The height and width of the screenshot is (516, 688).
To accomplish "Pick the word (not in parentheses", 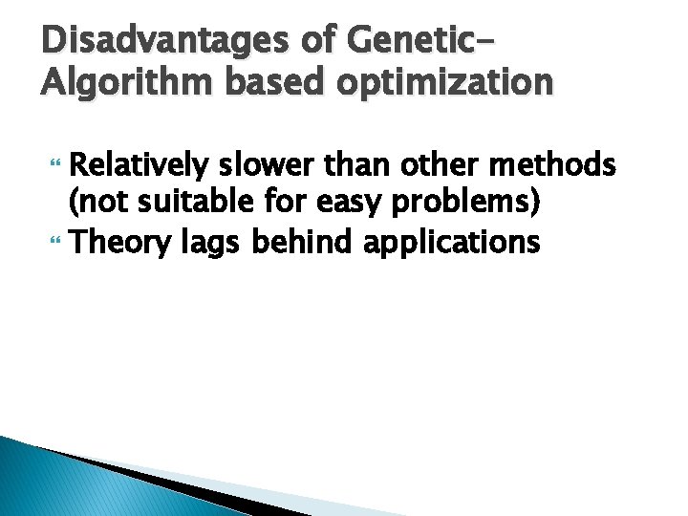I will tap(96, 204).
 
